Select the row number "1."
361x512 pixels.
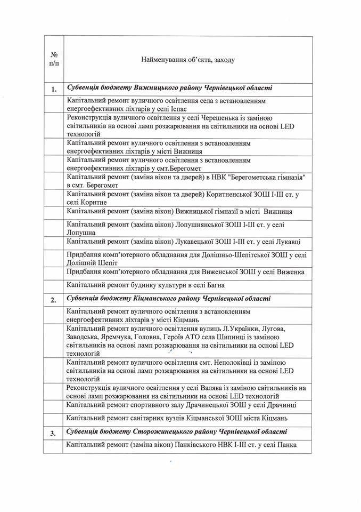point(54,89)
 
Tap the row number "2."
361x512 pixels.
point(54,299)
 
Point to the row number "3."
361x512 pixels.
point(54,433)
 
